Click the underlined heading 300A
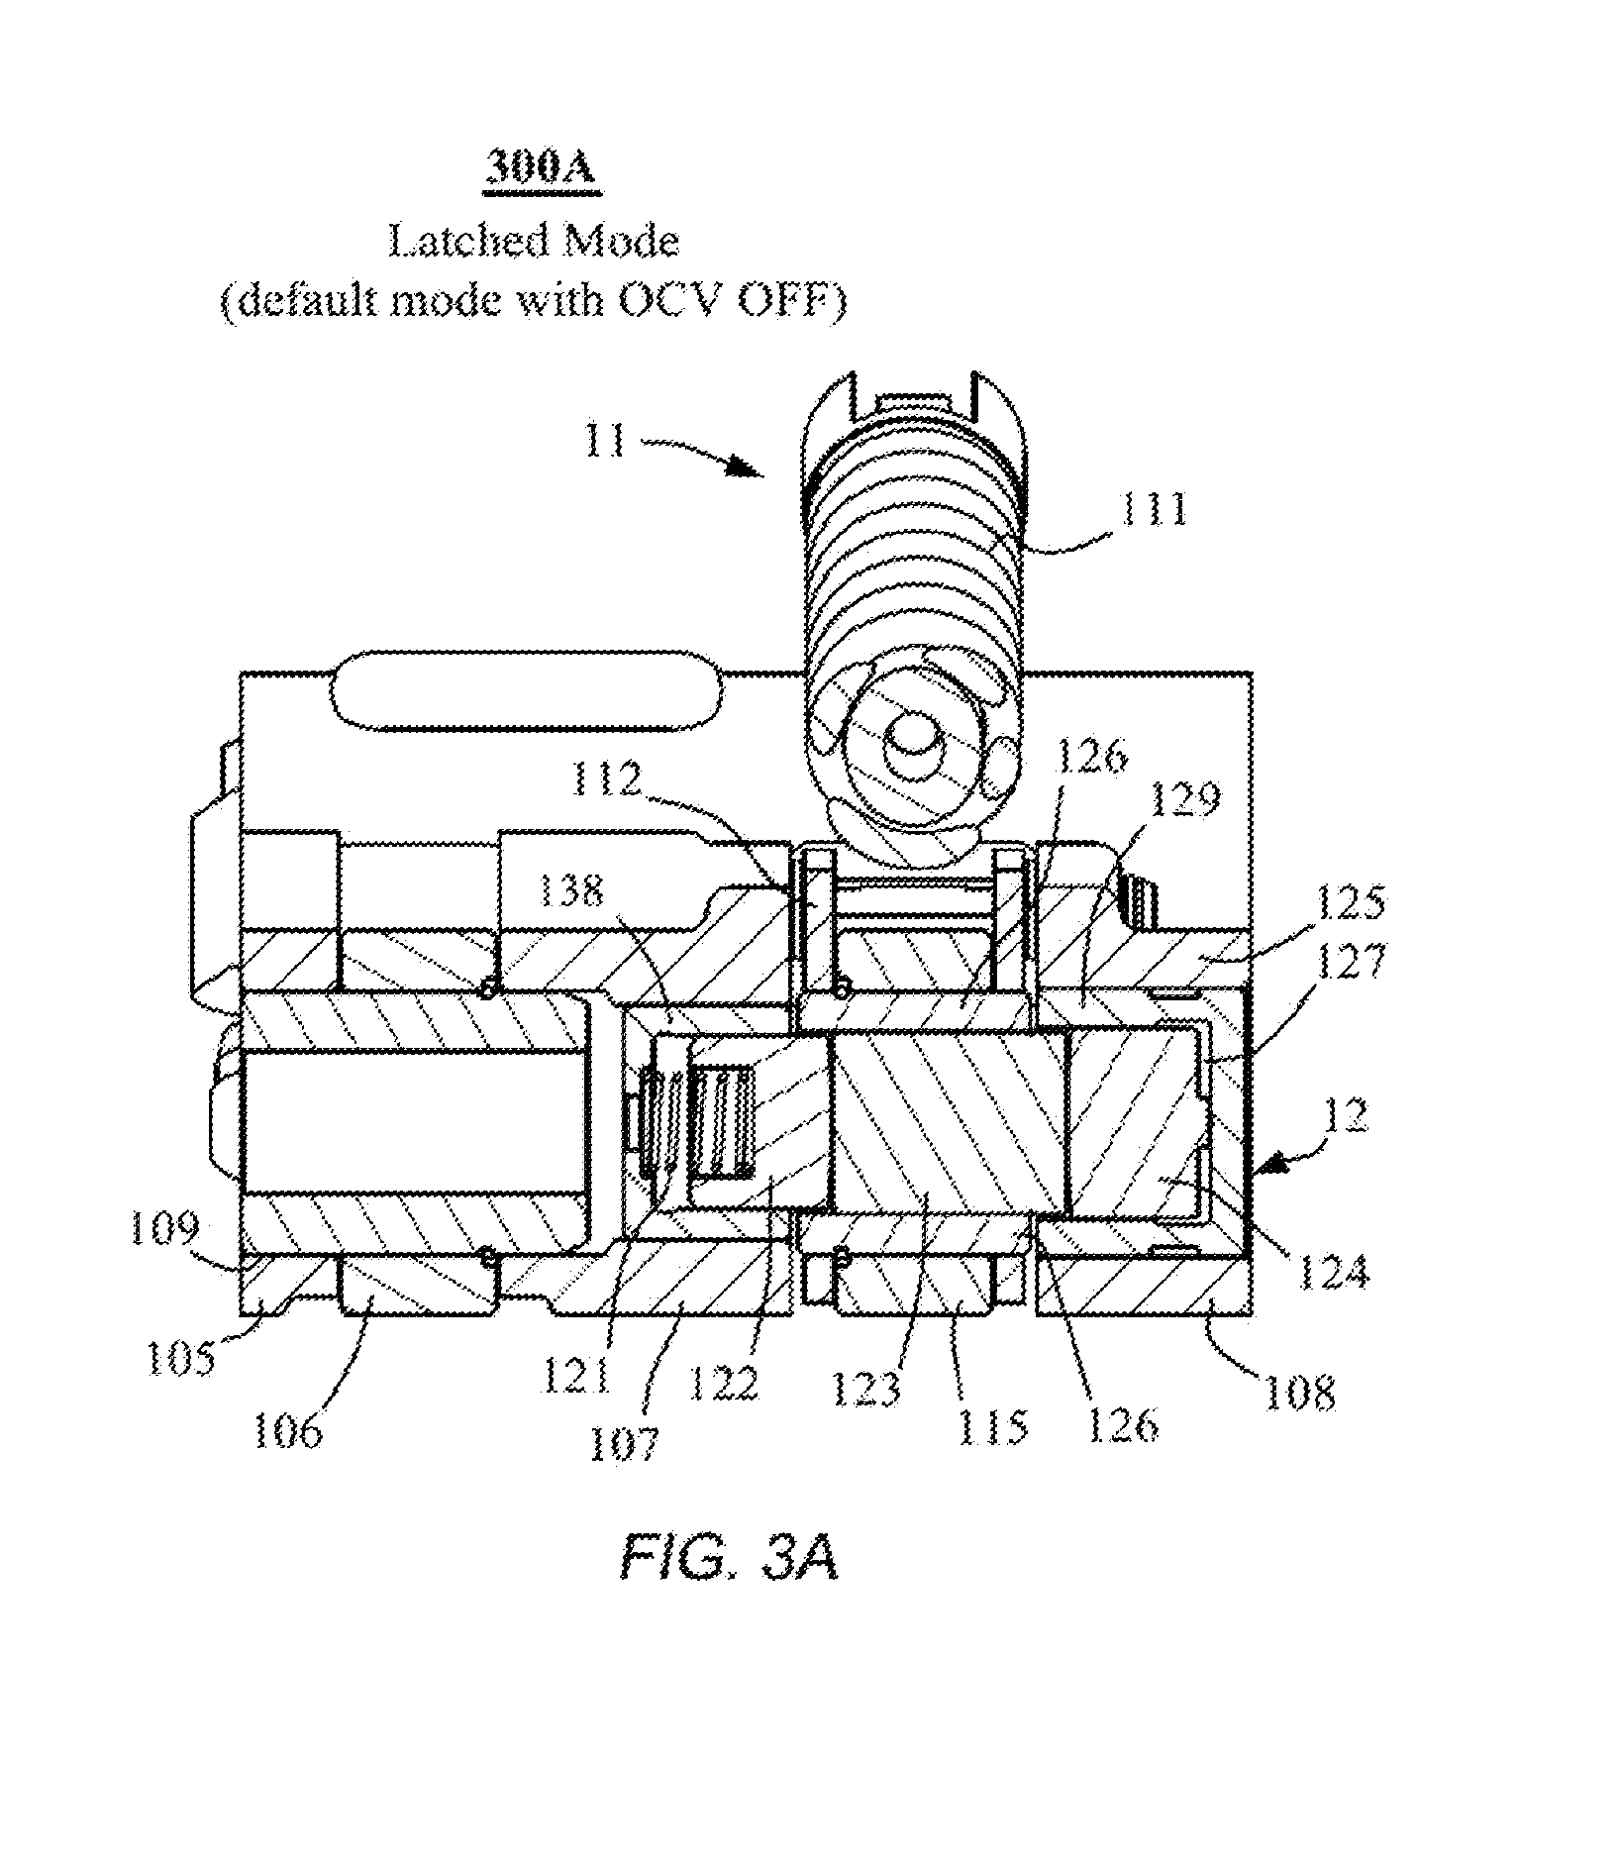540,166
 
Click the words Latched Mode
533,241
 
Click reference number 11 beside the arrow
606,440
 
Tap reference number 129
1185,797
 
